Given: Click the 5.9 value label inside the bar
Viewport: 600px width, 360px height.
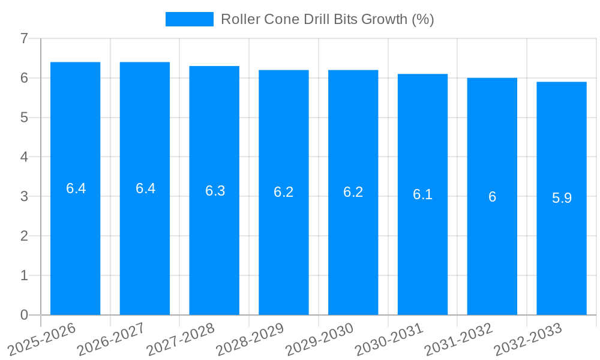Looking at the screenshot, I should click(x=562, y=198).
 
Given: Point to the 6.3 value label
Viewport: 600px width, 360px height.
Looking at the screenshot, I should click(x=215, y=191).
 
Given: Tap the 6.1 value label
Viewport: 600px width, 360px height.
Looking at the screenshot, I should click(x=422, y=194).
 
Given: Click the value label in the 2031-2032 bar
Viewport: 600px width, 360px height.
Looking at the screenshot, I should click(x=492, y=197).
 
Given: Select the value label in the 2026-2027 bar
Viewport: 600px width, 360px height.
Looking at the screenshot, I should click(x=145, y=188).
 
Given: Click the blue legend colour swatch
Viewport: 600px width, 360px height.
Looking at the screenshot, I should click(x=190, y=19).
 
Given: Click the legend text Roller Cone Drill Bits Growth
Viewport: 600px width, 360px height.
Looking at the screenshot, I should click(x=327, y=19).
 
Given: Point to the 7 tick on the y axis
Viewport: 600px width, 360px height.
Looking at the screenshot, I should click(x=24, y=38).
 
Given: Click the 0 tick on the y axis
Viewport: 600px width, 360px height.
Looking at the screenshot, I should click(x=24, y=315).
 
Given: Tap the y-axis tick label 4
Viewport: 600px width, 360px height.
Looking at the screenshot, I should click(x=24, y=157).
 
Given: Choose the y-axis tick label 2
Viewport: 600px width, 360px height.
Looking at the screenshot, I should click(x=24, y=236).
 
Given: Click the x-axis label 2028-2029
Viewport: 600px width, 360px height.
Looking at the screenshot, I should click(x=250, y=340).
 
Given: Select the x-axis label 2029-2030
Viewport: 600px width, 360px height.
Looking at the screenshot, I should click(x=320, y=340).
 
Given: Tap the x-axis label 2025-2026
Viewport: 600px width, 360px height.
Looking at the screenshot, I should click(x=42, y=340).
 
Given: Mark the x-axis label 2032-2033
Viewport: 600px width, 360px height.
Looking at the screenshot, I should click(x=528, y=340).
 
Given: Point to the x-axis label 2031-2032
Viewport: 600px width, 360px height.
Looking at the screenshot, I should click(x=458, y=340).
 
